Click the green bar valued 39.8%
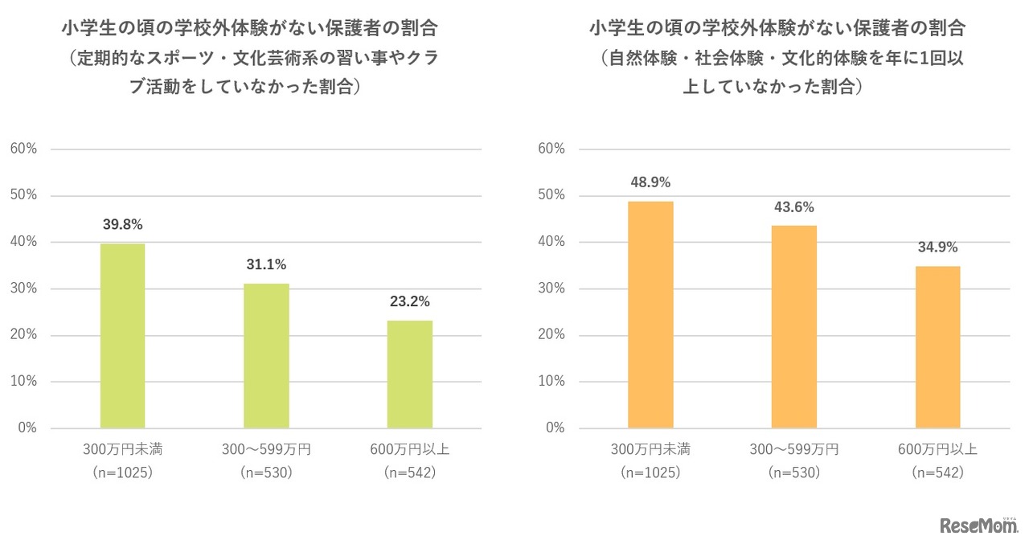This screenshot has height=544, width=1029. pyautogui.click(x=122, y=336)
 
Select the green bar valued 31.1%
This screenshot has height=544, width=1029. pyautogui.click(x=266, y=356)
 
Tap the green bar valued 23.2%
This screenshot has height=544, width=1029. pyautogui.click(x=410, y=374)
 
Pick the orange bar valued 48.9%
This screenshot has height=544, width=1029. pyautogui.click(x=650, y=314)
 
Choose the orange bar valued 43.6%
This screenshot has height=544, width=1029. pyautogui.click(x=794, y=327)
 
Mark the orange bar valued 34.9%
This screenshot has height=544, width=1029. pyautogui.click(x=937, y=347)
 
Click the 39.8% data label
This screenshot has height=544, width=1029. pyautogui.click(x=122, y=224)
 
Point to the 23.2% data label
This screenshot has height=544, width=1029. pyautogui.click(x=410, y=302)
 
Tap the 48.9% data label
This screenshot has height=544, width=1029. pyautogui.click(x=650, y=182)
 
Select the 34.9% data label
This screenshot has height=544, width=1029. pyautogui.click(x=937, y=247)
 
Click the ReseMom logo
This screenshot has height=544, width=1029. pyautogui.click(x=978, y=526)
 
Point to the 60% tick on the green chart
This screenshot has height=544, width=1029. pyautogui.click(x=23, y=149)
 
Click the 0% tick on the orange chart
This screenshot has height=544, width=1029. pyautogui.click(x=555, y=428)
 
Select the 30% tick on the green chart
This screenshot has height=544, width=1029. pyautogui.click(x=23, y=288)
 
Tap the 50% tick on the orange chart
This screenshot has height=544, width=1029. pyautogui.click(x=552, y=195)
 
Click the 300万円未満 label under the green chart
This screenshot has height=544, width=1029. pyautogui.click(x=122, y=449)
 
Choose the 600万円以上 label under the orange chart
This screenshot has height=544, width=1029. pyautogui.click(x=937, y=449)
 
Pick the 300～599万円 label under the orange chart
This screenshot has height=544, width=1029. pyautogui.click(x=794, y=449)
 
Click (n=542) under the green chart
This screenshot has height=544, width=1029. pyautogui.click(x=410, y=472)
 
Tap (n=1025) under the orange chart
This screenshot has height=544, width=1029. pyautogui.click(x=650, y=472)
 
